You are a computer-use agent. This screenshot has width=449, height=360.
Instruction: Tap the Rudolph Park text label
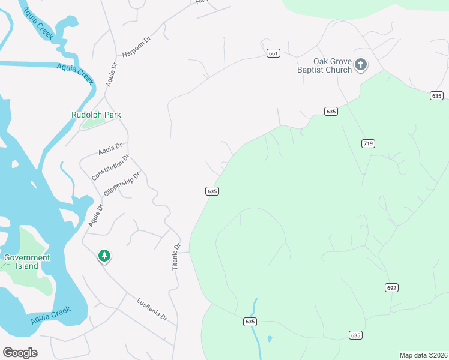coord(96,115)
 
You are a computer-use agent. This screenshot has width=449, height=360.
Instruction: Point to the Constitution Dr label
coord(110,168)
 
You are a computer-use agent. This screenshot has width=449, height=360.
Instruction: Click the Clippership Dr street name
coord(122,185)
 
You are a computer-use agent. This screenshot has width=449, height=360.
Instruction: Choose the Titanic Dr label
coord(176,257)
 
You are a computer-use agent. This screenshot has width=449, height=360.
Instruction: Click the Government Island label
coord(27,262)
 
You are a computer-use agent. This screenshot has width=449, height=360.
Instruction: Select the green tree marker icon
coord(104,256)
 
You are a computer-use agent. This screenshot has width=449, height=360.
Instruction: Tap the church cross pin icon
coord(360,64)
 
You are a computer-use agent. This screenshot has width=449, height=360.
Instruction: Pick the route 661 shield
coord(274,53)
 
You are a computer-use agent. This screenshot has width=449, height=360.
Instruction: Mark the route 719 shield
coord(369,143)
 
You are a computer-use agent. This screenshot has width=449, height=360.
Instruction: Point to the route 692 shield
coord(391,288)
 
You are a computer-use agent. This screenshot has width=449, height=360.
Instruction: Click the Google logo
coord(20,353)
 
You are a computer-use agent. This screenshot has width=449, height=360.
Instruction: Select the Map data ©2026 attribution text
coord(424,355)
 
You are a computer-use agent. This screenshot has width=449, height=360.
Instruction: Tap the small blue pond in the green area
coord(269,339)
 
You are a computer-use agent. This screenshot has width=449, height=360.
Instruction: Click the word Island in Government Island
coord(27,266)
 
